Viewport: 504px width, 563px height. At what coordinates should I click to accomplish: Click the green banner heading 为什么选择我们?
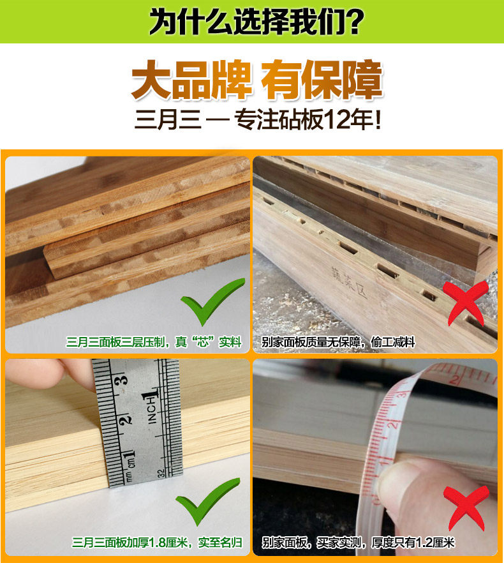(256, 22)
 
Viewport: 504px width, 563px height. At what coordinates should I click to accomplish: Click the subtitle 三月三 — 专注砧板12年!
(258, 120)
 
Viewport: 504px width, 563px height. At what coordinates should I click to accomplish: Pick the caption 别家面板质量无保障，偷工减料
(338, 343)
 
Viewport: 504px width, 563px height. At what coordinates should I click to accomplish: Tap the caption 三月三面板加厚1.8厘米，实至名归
(157, 543)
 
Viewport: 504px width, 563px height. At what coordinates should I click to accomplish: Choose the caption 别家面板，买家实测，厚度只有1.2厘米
(358, 543)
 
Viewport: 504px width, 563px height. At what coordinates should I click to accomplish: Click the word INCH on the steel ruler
(152, 409)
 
